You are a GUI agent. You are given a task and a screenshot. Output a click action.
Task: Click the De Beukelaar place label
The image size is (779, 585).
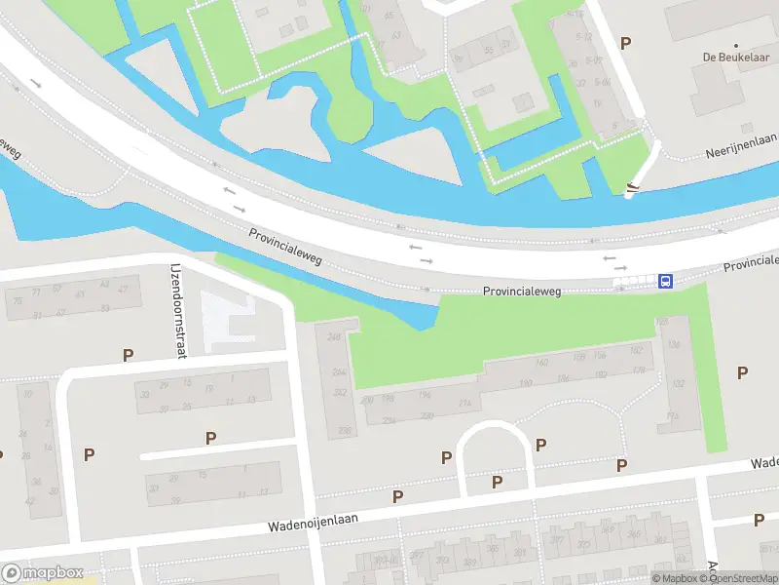735,57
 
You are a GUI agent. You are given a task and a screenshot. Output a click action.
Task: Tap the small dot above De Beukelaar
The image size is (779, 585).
736,45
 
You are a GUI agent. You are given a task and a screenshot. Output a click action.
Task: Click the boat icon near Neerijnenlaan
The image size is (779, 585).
633,188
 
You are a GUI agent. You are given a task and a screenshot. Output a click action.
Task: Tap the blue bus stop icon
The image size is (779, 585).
665,281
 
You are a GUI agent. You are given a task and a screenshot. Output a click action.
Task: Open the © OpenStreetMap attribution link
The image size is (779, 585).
732,578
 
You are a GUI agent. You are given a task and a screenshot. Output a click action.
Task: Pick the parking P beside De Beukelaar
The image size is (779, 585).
625,43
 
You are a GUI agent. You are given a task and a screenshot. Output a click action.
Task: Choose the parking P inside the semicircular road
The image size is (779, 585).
497,481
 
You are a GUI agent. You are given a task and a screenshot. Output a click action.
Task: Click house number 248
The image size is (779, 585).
336,337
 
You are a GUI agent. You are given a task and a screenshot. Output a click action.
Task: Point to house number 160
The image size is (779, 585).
542,362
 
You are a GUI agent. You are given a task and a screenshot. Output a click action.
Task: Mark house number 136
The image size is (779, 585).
673,344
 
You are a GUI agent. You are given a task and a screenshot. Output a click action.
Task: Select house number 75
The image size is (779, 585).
16,292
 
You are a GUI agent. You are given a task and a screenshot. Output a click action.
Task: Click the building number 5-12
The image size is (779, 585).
584,37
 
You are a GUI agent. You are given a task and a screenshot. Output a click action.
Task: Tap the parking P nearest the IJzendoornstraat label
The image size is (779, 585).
127,355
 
